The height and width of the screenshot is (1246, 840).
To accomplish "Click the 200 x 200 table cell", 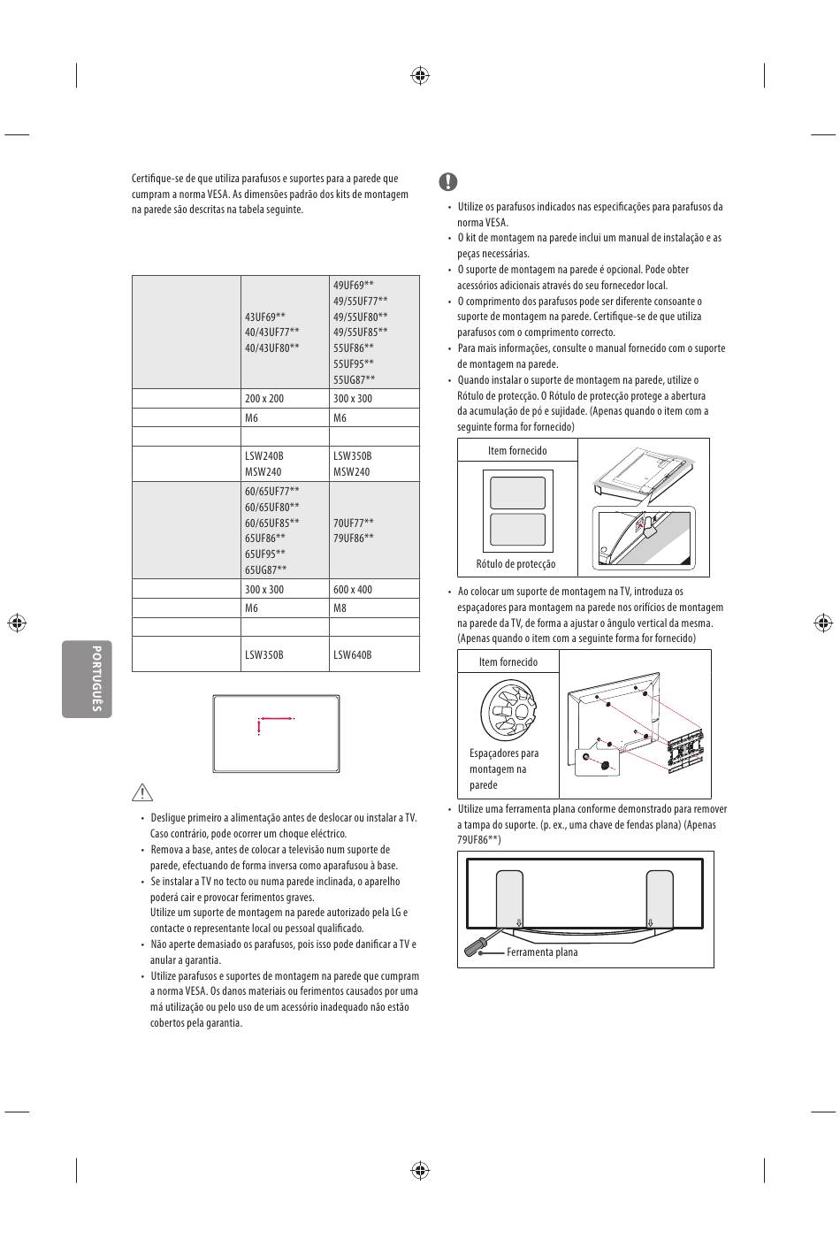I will click(264, 399).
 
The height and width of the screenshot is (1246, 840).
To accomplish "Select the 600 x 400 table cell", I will click(353, 590).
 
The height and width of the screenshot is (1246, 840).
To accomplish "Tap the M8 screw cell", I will click(340, 608).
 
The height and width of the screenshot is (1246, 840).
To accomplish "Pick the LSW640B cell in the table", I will click(353, 655).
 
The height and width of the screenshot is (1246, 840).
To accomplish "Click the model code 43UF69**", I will click(265, 317).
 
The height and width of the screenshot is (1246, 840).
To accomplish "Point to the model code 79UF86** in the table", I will click(354, 539).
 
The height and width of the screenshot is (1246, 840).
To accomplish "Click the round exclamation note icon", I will click(448, 182).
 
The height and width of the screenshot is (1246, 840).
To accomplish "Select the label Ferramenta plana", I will click(542, 952).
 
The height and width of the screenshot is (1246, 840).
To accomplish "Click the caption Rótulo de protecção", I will click(515, 564).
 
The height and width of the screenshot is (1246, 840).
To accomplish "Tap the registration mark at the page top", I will click(420, 75).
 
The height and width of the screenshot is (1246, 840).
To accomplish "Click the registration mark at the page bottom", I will click(420, 1171).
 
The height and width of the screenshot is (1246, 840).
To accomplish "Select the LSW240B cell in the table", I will click(264, 456).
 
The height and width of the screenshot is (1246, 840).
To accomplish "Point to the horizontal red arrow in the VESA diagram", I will click(276, 719).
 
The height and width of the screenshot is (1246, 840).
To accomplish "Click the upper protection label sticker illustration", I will click(517, 493).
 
